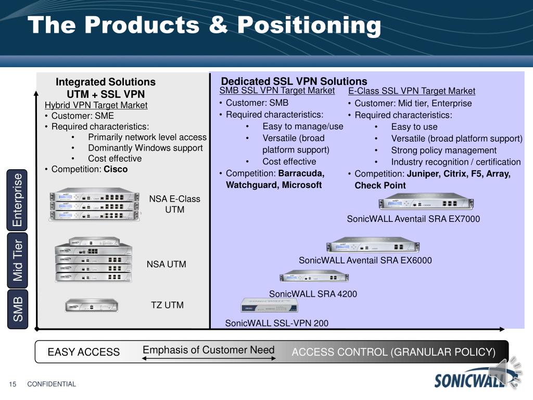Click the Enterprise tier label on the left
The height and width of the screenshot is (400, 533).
pyautogui.click(x=17, y=200)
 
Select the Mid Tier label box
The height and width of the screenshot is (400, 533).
pyautogui.click(x=17, y=260)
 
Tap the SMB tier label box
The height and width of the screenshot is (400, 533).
pyautogui.click(x=17, y=309)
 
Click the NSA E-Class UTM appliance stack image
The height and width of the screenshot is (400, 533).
pyautogui.click(x=95, y=204)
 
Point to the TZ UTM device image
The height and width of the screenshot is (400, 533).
pyautogui.click(x=92, y=305)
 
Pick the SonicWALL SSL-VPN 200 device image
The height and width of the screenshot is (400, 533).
pyautogui.click(x=269, y=305)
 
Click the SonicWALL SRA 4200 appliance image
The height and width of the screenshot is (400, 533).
pyautogui.click(x=314, y=277)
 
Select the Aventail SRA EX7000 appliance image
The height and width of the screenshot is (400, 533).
pyautogui.click(x=426, y=202)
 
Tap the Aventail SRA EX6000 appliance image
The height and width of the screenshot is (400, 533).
pyautogui.click(x=373, y=245)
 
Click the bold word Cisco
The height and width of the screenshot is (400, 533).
pyautogui.click(x=116, y=169)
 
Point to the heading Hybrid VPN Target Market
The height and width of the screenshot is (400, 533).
pyautogui.click(x=96, y=105)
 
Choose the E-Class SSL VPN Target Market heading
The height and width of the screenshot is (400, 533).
pyautogui.click(x=412, y=91)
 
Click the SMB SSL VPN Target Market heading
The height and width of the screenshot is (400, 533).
pyautogui.click(x=277, y=91)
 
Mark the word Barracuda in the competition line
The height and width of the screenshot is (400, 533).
pyautogui.click(x=301, y=173)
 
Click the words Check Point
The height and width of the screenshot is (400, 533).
pyautogui.click(x=380, y=185)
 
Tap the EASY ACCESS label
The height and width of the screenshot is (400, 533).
pyautogui.click(x=84, y=352)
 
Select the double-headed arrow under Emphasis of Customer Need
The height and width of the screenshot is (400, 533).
pyautogui.click(x=209, y=358)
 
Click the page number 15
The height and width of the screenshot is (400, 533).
pyautogui.click(x=12, y=384)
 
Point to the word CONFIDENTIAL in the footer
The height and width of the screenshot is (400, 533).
pyautogui.click(x=52, y=384)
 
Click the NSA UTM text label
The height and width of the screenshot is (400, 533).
pyautogui.click(x=166, y=264)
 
